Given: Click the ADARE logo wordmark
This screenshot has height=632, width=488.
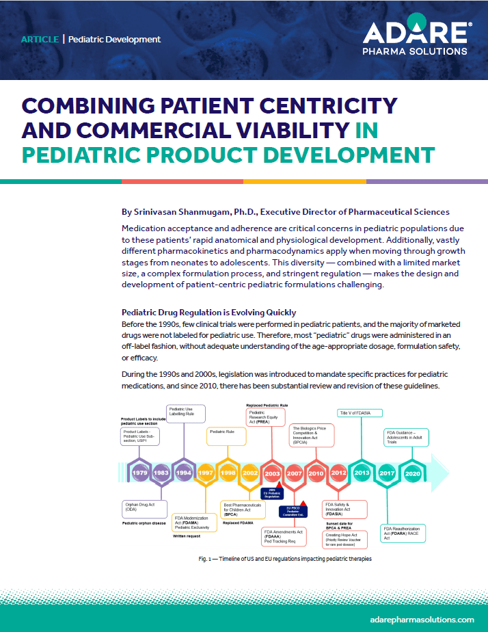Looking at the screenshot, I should pos(416,32).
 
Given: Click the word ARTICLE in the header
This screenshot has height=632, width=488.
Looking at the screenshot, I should pos(40,39).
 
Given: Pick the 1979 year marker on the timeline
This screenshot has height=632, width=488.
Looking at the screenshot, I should pos(140,473).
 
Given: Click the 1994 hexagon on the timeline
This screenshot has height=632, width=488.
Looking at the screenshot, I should pos(182,473).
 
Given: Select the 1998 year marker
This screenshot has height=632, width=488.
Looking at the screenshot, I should pos(228,473).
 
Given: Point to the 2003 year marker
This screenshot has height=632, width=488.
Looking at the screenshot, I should pos(271,473).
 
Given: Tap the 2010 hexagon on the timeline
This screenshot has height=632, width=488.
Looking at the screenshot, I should pos(316,473).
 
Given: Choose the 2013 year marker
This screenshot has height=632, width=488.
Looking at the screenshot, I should pos(362,473).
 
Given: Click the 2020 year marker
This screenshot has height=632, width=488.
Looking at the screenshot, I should pos(412,473).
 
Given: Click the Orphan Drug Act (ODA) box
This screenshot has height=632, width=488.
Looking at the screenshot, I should pos(144,508).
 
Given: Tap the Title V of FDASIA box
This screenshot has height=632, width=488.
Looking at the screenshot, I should pos(360,412).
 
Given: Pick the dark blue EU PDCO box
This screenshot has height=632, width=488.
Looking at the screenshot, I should pos(293,510).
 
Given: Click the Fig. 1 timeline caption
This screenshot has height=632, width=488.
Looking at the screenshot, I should pos(285,559).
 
